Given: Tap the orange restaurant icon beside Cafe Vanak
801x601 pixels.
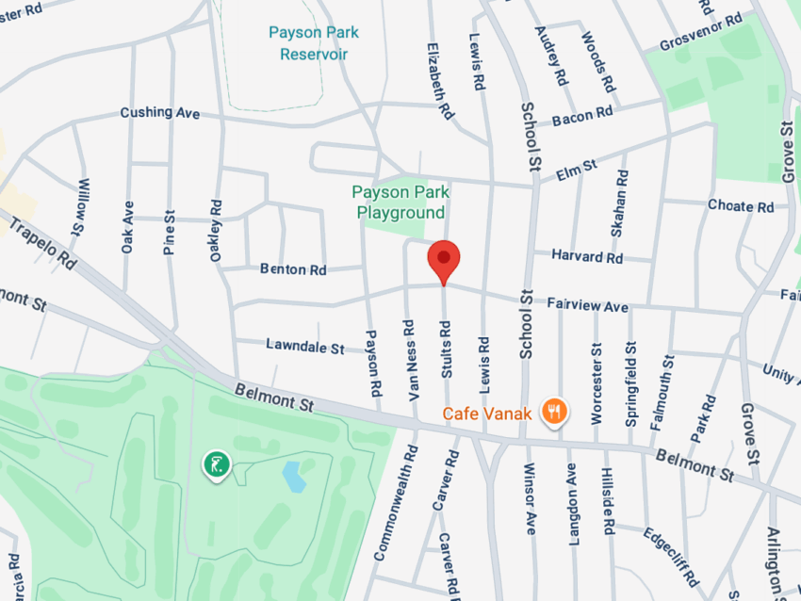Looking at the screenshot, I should pos(556,411).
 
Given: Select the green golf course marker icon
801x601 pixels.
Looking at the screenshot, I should pos(217,463).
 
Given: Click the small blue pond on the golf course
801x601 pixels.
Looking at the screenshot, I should pos(294,477).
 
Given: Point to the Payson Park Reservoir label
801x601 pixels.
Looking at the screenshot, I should pos(313,43).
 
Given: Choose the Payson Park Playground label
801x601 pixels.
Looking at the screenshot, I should pos(400,203).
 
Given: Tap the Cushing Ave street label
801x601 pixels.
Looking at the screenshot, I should pos(160,112).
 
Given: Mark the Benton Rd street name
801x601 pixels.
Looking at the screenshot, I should pos(293,269).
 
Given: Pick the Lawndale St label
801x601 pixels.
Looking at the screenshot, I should pos(304,348).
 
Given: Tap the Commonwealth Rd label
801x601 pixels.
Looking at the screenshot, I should pos(395,508).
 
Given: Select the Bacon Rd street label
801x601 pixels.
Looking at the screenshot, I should pos(582,117).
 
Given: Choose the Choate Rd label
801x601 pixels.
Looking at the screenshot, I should pos(740,206).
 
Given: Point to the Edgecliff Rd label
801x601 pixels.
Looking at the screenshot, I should pos(670,555).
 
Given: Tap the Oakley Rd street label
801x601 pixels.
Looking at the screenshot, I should pos(216,229).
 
